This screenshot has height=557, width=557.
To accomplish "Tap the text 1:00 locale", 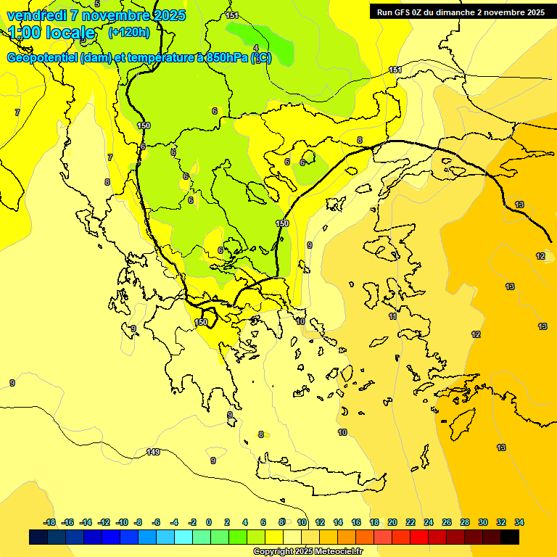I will (51, 33).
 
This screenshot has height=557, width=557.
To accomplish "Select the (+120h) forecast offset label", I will (128, 32).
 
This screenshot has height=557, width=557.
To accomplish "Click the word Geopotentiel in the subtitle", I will (42, 58).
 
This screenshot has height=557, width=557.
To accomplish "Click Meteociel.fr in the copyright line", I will (334, 552).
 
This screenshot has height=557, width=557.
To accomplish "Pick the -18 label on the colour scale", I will (49, 522).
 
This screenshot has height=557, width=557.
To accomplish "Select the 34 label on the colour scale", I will (519, 522).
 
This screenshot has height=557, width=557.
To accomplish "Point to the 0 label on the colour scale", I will (209, 522).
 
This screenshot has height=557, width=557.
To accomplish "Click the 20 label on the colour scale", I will (392, 522).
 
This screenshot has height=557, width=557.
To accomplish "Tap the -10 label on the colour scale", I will (121, 522).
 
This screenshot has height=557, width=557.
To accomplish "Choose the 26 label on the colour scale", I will (447, 522).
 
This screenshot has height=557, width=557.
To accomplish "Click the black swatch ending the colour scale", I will (510, 537).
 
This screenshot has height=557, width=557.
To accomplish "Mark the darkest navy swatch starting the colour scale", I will (38, 537).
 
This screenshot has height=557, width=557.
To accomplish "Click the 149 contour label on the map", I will (153, 452).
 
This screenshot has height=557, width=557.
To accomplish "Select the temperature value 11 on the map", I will (392, 316).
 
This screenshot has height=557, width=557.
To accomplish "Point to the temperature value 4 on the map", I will (255, 49).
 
